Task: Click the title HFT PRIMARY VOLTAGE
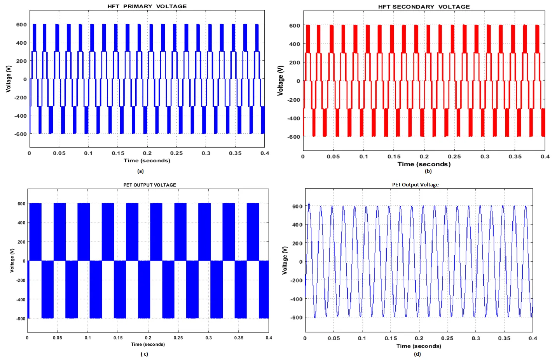147,6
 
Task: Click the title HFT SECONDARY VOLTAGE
424,7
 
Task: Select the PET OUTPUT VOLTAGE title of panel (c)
150,185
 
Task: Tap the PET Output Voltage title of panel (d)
415,184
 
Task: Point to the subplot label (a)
140,171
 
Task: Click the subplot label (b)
428,171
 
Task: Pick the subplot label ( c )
144,354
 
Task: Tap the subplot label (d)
417,354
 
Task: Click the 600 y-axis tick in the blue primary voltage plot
21,24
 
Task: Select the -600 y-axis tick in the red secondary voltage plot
293,137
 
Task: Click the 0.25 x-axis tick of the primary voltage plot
176,153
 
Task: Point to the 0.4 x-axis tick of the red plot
545,157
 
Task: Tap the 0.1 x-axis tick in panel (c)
88,338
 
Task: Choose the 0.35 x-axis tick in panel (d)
504,338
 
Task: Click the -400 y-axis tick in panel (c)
21,299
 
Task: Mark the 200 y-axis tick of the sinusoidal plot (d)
297,243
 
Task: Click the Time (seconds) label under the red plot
424,164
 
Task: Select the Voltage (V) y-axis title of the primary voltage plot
9,79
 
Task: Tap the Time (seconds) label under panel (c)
148,344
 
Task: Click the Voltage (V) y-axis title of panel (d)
285,260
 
